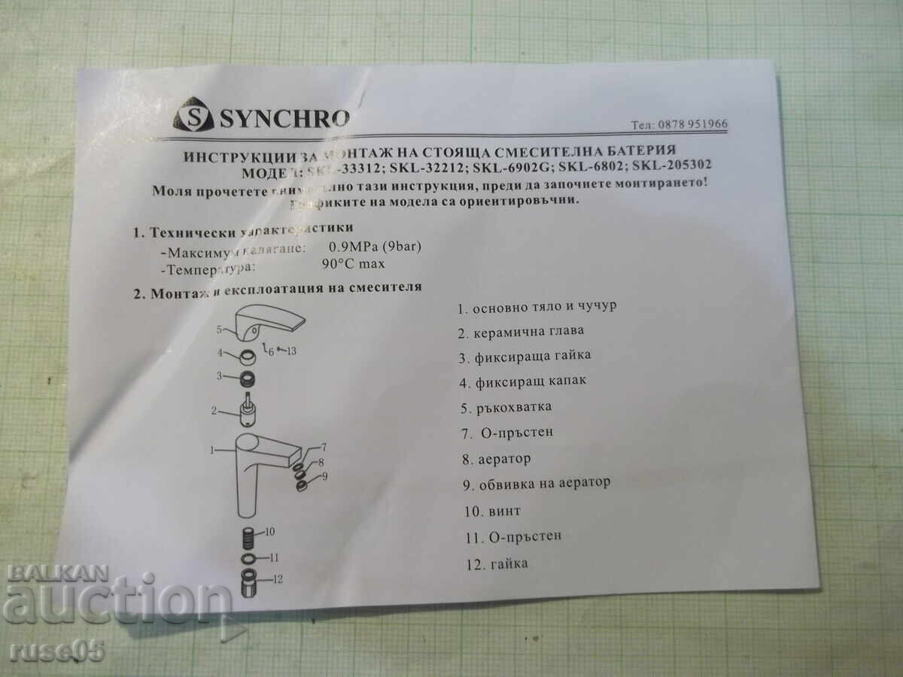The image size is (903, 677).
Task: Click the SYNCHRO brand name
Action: coord(284,117)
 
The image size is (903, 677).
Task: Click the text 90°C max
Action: coord(352,263)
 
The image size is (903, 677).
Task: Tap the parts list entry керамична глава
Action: coord(528,330)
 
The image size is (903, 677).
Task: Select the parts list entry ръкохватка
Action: coord(514,407)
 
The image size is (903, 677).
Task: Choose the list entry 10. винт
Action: coord(493,511)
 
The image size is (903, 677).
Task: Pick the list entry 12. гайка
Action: coord(497,563)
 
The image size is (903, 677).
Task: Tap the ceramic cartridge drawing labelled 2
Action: coord(245,410)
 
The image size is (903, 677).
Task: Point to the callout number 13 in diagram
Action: coord(291,351)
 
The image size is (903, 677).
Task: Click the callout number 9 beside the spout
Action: coord(324,476)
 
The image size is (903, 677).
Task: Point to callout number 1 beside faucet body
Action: coord(213,450)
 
